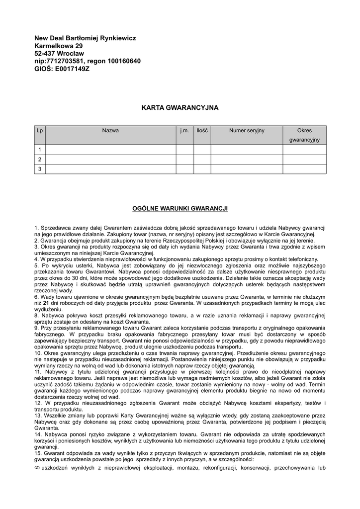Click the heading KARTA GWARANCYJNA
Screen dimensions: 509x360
pos(180,107)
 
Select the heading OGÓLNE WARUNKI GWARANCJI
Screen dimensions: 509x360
pos(180,208)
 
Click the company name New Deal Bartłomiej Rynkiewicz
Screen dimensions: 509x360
pos(85,38)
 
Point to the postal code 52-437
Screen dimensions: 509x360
pos(45,53)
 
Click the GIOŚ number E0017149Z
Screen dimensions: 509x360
pos(73,69)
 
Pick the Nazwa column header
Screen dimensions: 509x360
pos(110,131)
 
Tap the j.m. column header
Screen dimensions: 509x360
pos(184,131)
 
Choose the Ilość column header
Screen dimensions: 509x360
pos(202,131)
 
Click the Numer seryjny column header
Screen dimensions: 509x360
pos(247,131)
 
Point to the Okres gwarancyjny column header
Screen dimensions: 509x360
pos(304,135)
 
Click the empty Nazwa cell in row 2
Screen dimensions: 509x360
pos(110,160)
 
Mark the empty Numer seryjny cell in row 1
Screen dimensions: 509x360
pos(247,150)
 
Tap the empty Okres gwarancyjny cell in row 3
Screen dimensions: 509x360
pos(304,169)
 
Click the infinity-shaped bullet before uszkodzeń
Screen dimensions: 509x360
pos(37,468)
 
